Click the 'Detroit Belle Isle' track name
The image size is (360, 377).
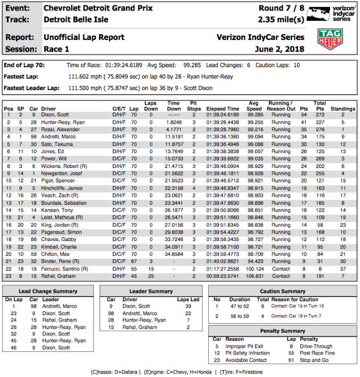click(x=76, y=20)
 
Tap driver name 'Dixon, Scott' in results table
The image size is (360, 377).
click(x=56, y=115)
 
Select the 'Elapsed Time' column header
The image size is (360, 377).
click(x=223, y=109)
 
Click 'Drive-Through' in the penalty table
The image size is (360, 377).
click(x=316, y=346)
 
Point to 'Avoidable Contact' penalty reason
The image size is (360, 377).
click(x=249, y=361)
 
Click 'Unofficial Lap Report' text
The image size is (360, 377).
click(x=84, y=37)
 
